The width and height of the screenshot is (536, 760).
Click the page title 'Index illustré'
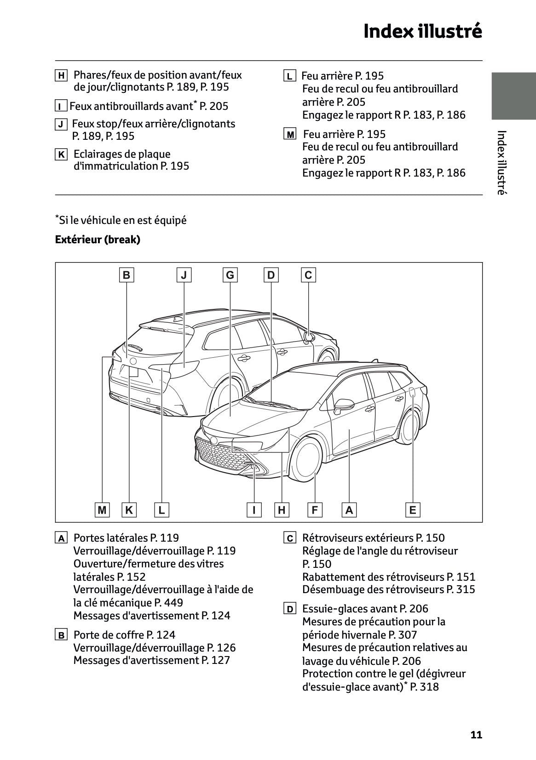[x=422, y=31]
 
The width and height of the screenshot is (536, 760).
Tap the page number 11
[x=476, y=735]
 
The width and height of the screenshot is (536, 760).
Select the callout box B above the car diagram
[x=127, y=275]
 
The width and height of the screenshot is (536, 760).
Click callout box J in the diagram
[x=184, y=275]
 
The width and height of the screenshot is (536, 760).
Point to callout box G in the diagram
[x=230, y=275]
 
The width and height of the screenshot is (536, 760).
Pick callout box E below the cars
[x=413, y=510]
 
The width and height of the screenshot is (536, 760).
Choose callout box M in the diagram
[x=102, y=510]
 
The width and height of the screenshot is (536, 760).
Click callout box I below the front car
[x=254, y=510]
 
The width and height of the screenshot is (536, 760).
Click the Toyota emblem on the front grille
[x=214, y=440]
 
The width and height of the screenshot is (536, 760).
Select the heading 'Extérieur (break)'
[x=98, y=240]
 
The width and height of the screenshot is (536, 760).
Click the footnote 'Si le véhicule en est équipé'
[x=122, y=220]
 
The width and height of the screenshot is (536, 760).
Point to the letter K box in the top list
[x=61, y=154]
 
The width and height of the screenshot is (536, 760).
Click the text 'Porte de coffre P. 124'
[x=124, y=635]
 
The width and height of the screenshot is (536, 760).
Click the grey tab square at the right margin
[x=513, y=96]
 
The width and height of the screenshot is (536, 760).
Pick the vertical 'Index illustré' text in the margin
[x=501, y=163]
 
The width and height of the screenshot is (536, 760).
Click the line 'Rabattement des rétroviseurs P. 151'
[x=389, y=577]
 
